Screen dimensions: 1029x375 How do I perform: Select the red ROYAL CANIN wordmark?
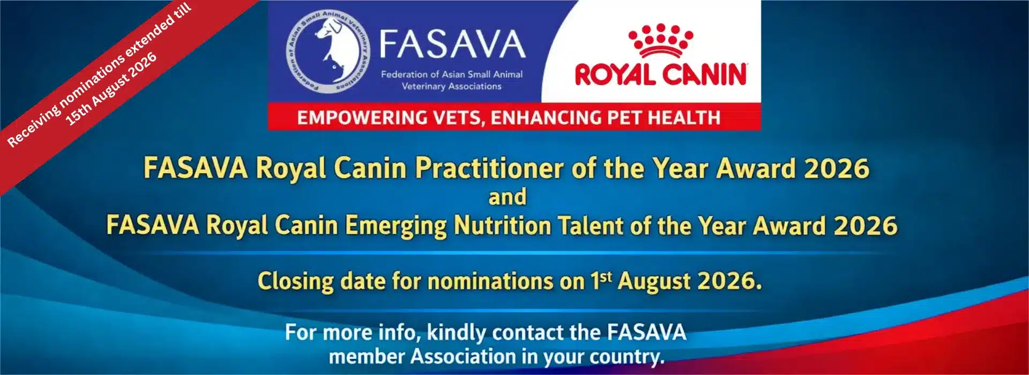[661, 74]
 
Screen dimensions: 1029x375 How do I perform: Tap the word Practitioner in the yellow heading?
[489, 169]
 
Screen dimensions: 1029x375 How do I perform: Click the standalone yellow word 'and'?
[507, 197]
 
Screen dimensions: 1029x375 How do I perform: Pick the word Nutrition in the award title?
[502, 226]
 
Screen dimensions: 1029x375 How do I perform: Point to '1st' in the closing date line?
[601, 281]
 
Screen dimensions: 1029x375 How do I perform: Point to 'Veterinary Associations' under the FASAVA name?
[452, 86]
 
